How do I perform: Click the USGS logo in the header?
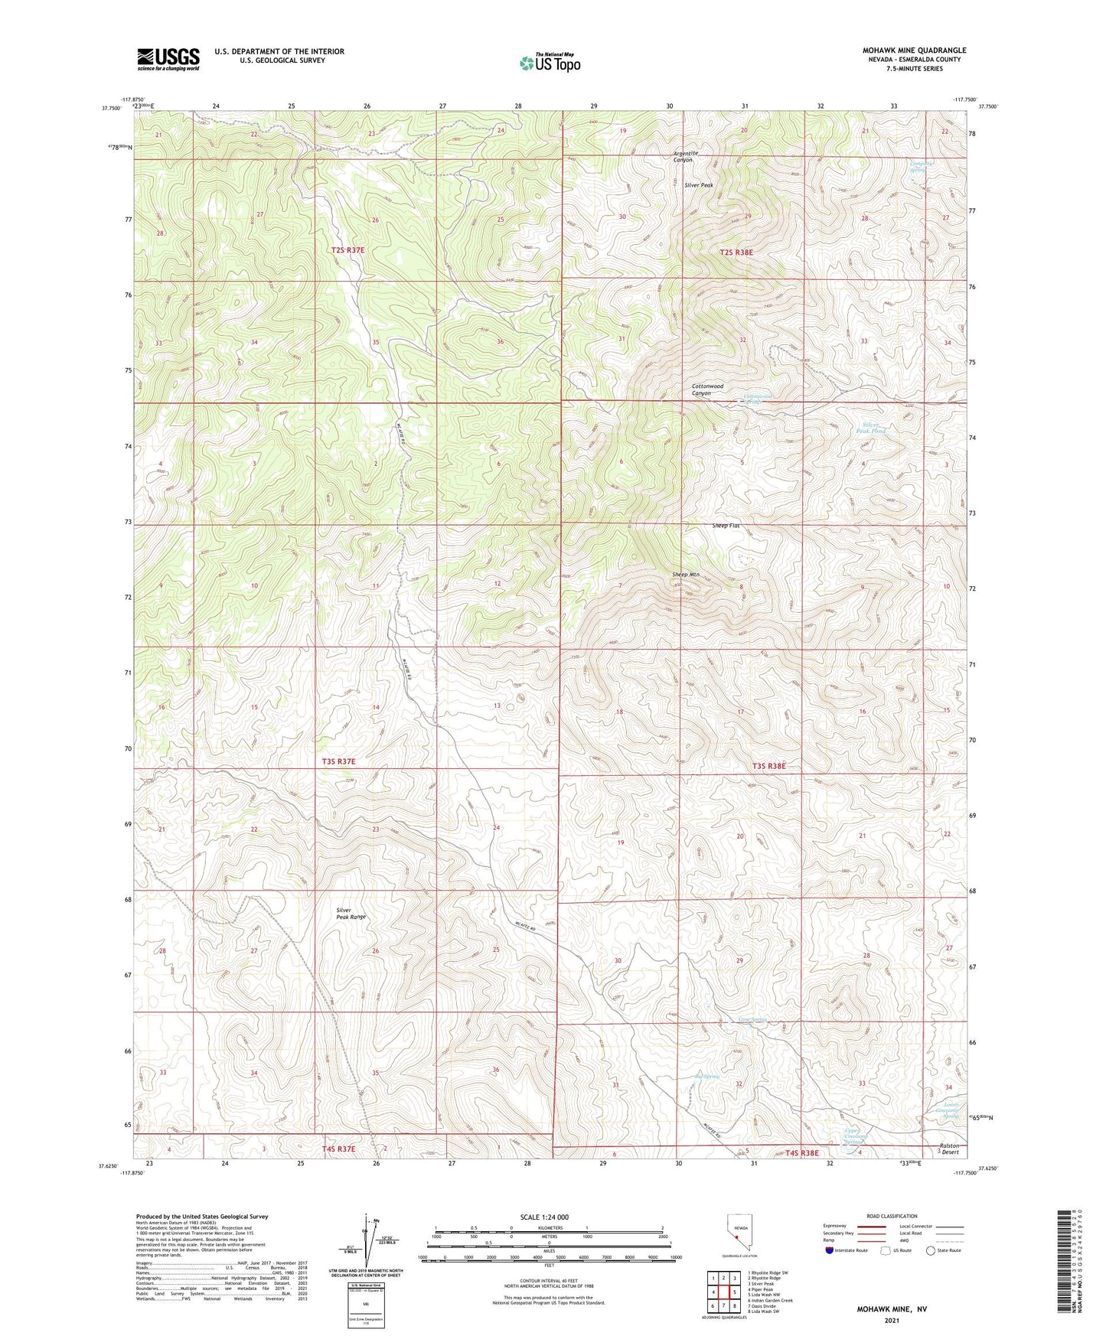(168, 59)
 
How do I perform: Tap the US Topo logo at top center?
(549, 63)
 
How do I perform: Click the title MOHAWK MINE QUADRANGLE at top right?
(914, 51)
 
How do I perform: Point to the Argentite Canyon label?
(683, 156)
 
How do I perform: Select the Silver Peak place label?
(699, 185)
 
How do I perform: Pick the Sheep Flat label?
(726, 526)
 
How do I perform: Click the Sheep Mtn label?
(686, 574)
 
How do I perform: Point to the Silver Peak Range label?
(351, 913)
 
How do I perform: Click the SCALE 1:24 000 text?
(544, 1217)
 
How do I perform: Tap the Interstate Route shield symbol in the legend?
(830, 1250)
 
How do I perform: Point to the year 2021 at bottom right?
(892, 1321)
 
